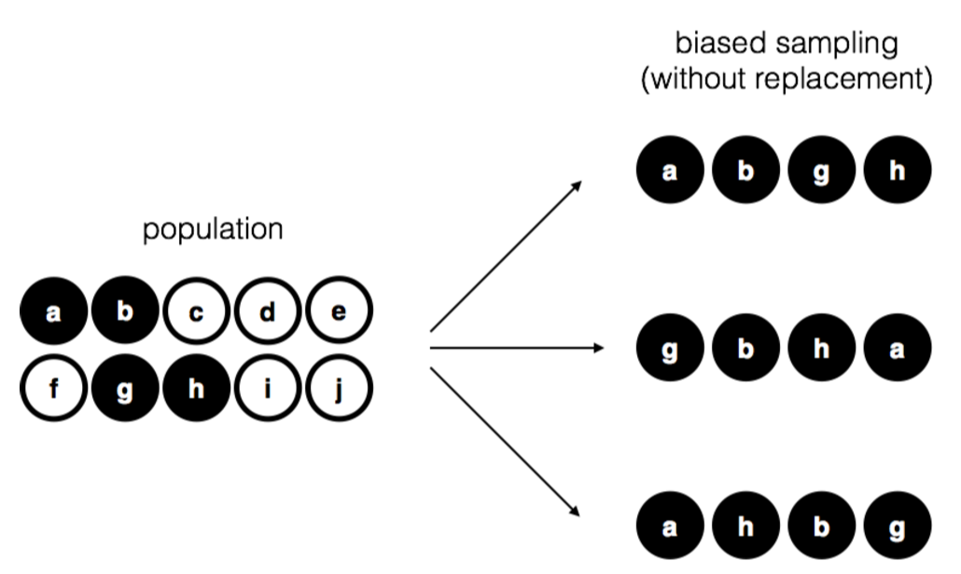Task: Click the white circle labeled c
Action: pyautogui.click(x=196, y=312)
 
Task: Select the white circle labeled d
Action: pyautogui.click(x=267, y=312)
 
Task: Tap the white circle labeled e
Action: pyautogui.click(x=338, y=312)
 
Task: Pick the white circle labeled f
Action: pyautogui.click(x=54, y=388)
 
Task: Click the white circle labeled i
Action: pyautogui.click(x=267, y=388)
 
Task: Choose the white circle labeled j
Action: pyautogui.click(x=338, y=388)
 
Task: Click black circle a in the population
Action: pyautogui.click(x=54, y=312)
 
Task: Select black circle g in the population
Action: pyautogui.click(x=125, y=388)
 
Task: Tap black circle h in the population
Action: pyautogui.click(x=196, y=388)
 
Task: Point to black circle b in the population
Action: pyautogui.click(x=125, y=312)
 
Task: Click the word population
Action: pyautogui.click(x=212, y=229)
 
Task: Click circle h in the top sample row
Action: pyautogui.click(x=898, y=172)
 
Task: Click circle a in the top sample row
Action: pyautogui.click(x=670, y=172)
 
